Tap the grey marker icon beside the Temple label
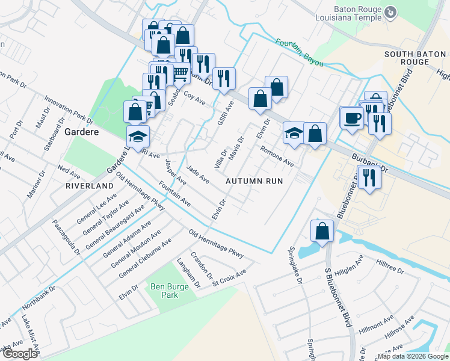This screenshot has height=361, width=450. pos(390,12)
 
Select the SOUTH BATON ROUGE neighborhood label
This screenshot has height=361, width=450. pos(415,58)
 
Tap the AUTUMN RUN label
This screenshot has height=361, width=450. pos(254,180)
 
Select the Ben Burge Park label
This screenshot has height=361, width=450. pos(165,291)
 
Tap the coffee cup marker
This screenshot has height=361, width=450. pos(351,117)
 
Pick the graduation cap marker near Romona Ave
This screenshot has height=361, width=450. pos(294,132)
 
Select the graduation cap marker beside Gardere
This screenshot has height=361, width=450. pos(138,136)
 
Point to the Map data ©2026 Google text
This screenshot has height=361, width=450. pos(413,356)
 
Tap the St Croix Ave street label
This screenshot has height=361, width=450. pos(229,279)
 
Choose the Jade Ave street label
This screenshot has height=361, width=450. pos(197,174)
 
